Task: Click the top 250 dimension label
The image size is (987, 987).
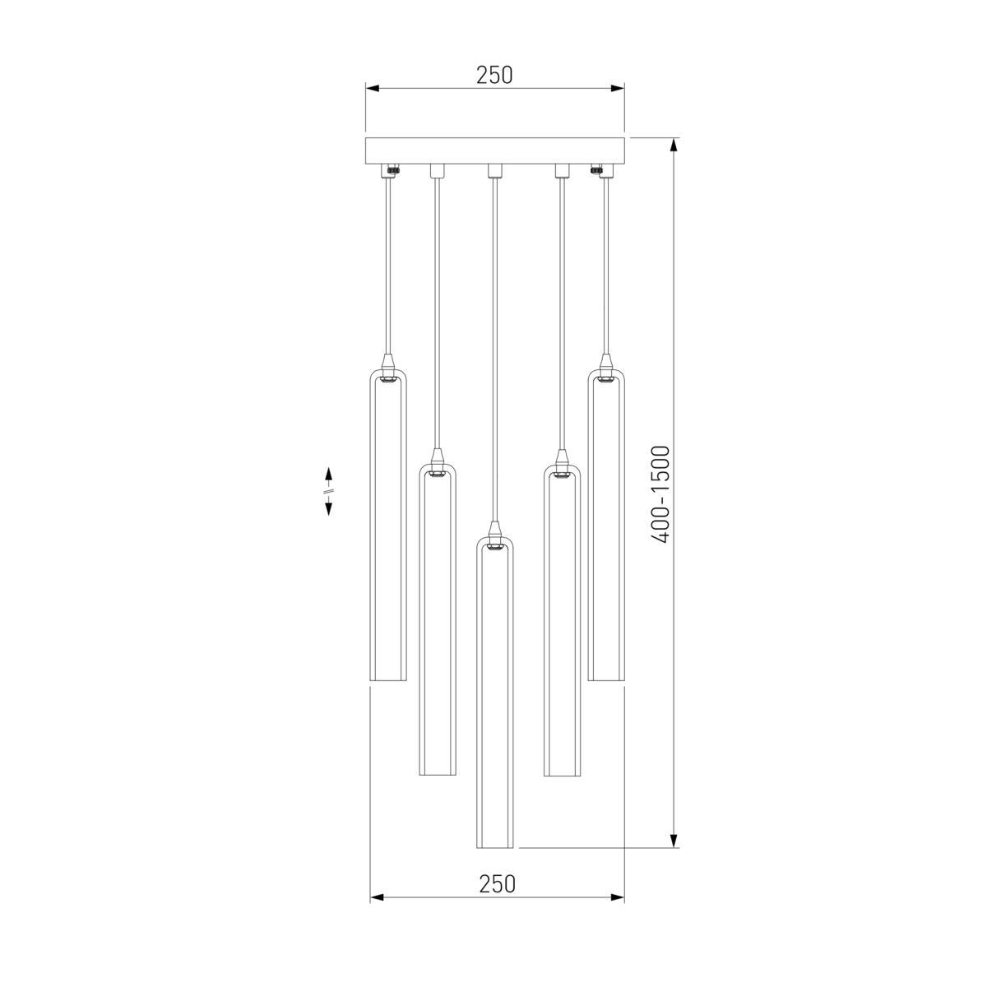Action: tap(494, 75)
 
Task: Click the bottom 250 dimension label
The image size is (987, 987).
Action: tap(497, 884)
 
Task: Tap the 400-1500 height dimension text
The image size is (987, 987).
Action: tap(660, 494)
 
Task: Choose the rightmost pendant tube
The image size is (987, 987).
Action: tap(606, 526)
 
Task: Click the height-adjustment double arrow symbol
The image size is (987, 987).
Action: tap(328, 491)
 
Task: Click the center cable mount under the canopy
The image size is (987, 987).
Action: tap(494, 170)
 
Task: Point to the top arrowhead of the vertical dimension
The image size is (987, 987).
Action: tap(674, 146)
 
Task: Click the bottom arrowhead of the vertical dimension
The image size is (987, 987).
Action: tap(674, 840)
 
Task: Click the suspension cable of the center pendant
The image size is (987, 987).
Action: tap(494, 345)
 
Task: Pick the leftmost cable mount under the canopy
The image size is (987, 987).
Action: tap(387, 171)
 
